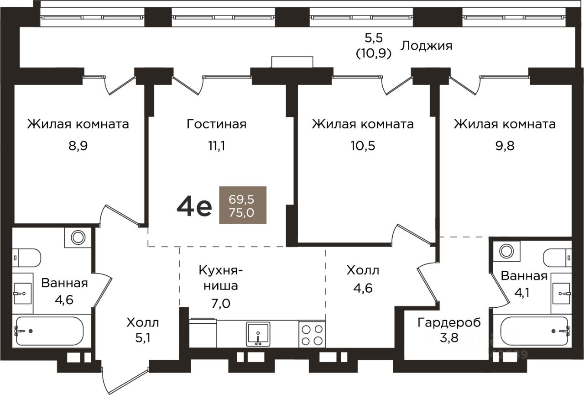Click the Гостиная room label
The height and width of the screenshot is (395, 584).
click(x=216, y=124)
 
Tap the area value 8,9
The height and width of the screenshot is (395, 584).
click(x=78, y=146)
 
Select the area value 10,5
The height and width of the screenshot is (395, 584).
click(x=363, y=146)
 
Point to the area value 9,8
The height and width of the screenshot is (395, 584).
click(x=505, y=146)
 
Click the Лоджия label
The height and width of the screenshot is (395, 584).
click(x=426, y=47)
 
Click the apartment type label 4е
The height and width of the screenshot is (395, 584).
click(x=194, y=207)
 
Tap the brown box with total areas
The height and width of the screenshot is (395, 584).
click(x=243, y=205)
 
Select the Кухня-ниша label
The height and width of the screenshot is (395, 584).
click(x=220, y=278)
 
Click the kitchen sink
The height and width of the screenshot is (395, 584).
click(x=258, y=334)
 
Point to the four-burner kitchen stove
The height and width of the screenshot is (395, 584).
click(x=312, y=335)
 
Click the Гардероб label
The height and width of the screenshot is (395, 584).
click(x=449, y=323)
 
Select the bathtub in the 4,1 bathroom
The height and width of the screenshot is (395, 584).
click(x=534, y=331)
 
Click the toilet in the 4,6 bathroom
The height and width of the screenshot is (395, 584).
click(x=26, y=258)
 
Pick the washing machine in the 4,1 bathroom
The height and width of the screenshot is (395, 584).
click(x=506, y=251)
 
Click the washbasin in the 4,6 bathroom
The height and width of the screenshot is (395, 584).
click(x=23, y=293)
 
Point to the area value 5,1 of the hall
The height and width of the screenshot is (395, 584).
click(x=143, y=338)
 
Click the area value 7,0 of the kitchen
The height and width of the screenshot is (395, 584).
click(x=220, y=304)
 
